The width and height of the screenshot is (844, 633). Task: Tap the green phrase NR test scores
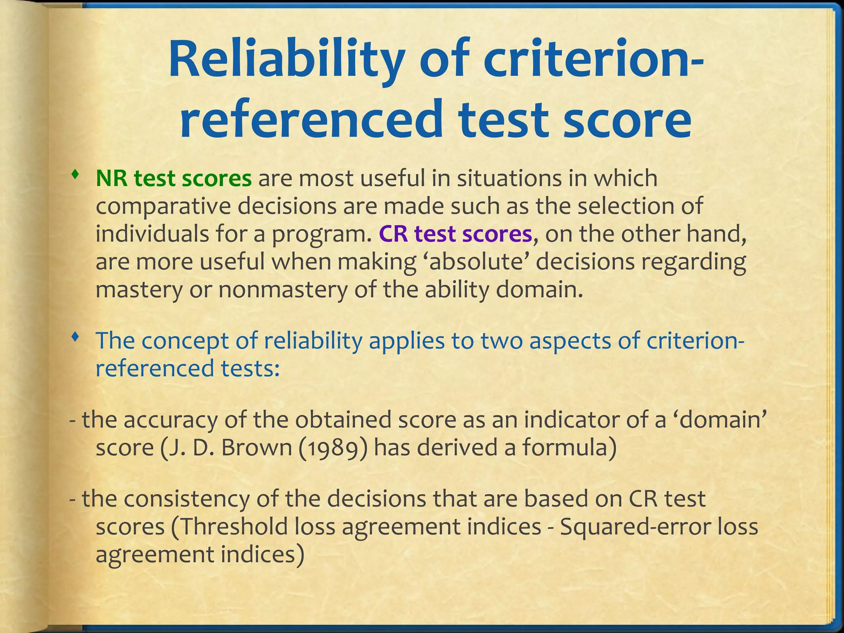tap(173, 178)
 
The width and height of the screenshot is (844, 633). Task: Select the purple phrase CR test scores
tap(455, 234)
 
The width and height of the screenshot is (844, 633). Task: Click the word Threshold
tap(234, 527)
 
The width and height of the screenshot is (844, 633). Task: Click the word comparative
tap(163, 206)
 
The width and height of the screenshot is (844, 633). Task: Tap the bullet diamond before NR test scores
tap(74, 176)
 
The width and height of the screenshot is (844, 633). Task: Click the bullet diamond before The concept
tap(74, 338)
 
